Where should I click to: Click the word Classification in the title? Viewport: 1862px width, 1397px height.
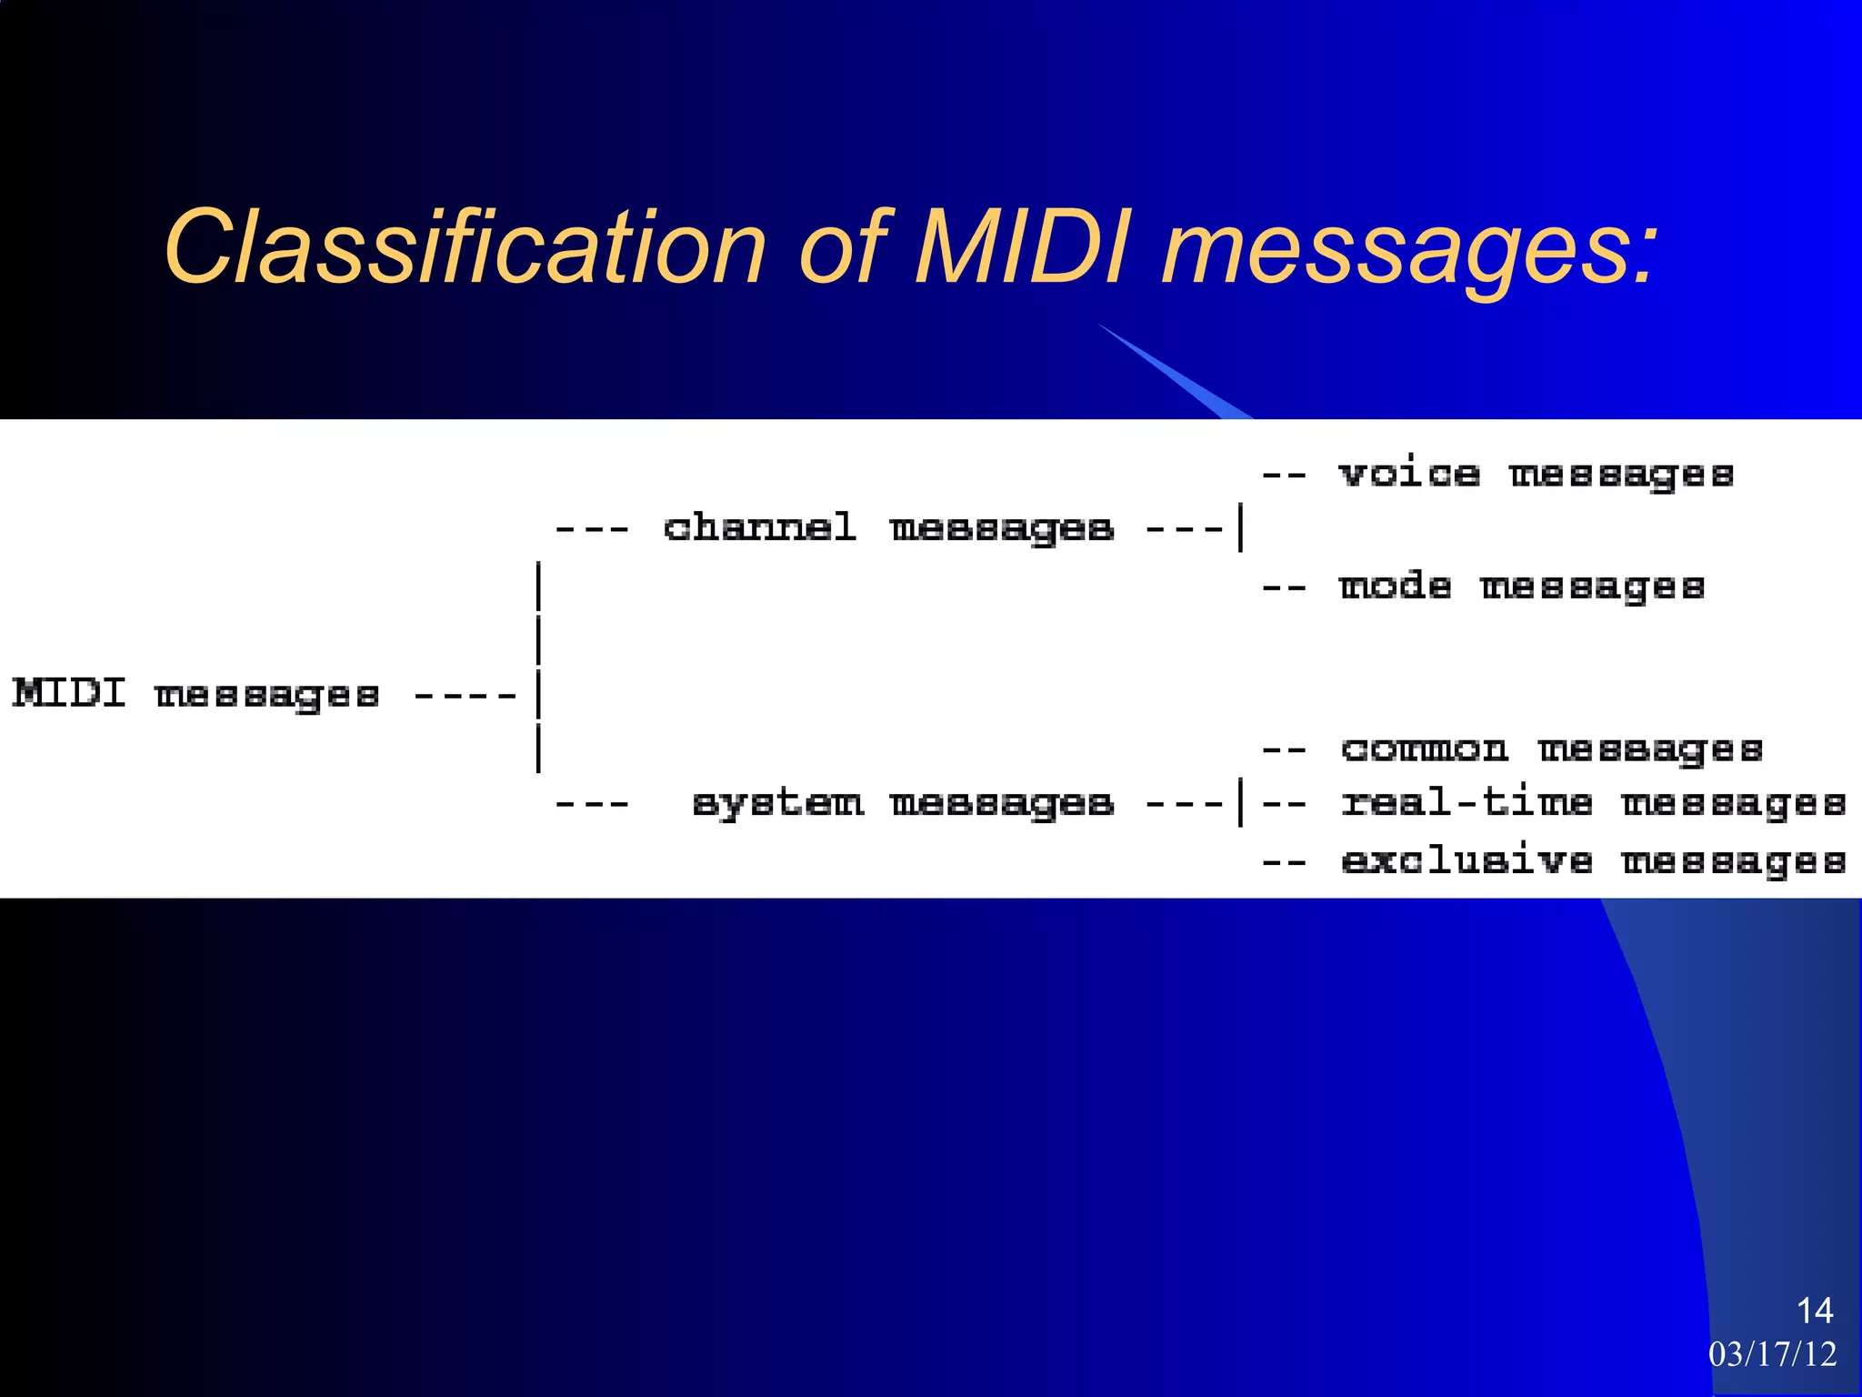pyautogui.click(x=465, y=247)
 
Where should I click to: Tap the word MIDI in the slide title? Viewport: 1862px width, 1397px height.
pyautogui.click(x=1023, y=247)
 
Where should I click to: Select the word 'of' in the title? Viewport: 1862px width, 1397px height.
pyautogui.click(x=841, y=247)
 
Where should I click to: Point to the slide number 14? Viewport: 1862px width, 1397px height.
pyautogui.click(x=1815, y=1311)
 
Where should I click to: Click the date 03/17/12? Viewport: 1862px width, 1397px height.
pyautogui.click(x=1772, y=1354)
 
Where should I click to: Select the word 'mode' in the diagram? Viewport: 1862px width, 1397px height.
pyautogui.click(x=1395, y=586)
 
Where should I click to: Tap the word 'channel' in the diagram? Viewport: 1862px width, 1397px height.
pyautogui.click(x=760, y=528)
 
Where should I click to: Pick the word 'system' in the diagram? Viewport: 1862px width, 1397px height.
pyautogui.click(x=777, y=803)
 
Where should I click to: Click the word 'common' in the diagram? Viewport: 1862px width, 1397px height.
pyautogui.click(x=1424, y=749)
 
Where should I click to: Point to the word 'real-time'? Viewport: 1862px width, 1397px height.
pyautogui.click(x=1467, y=803)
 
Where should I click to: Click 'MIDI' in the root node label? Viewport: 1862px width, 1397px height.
pyautogui.click(x=69, y=694)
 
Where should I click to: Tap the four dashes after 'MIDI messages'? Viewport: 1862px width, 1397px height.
pyautogui.click(x=465, y=697)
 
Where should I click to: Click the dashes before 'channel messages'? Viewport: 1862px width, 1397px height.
pyautogui.click(x=592, y=528)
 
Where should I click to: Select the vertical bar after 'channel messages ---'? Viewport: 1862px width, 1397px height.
pyautogui.click(x=1241, y=528)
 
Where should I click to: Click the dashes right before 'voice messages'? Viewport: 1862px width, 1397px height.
pyautogui.click(x=1284, y=475)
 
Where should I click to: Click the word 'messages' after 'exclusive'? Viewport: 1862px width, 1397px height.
pyautogui.click(x=1734, y=860)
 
